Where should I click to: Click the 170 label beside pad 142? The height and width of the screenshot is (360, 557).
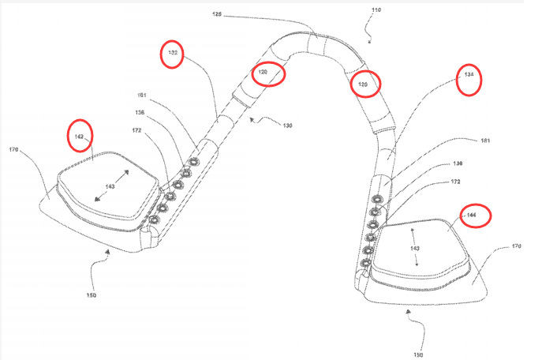tap(13, 148)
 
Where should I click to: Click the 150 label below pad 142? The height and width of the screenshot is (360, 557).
tap(92, 294)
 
